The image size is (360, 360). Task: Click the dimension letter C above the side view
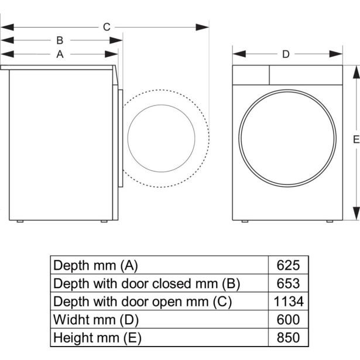[107, 26]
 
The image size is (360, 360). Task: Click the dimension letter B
[60, 40]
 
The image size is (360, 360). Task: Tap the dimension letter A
[60, 54]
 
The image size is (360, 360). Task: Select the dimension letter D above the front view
[286, 54]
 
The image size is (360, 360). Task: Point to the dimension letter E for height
[355, 139]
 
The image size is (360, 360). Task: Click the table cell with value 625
[287, 265]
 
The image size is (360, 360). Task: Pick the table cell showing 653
[287, 283]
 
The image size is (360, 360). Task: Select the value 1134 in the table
[287, 301]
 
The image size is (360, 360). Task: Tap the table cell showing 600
[287, 320]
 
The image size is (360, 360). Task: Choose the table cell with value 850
[287, 338]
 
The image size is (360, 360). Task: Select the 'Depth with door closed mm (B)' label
[147, 283]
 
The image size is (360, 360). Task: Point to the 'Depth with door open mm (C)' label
[143, 301]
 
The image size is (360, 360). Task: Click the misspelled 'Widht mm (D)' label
[96, 320]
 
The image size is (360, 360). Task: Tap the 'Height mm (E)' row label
[97, 338]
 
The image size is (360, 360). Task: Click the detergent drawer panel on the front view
[251, 75]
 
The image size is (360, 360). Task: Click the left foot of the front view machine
[245, 222]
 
